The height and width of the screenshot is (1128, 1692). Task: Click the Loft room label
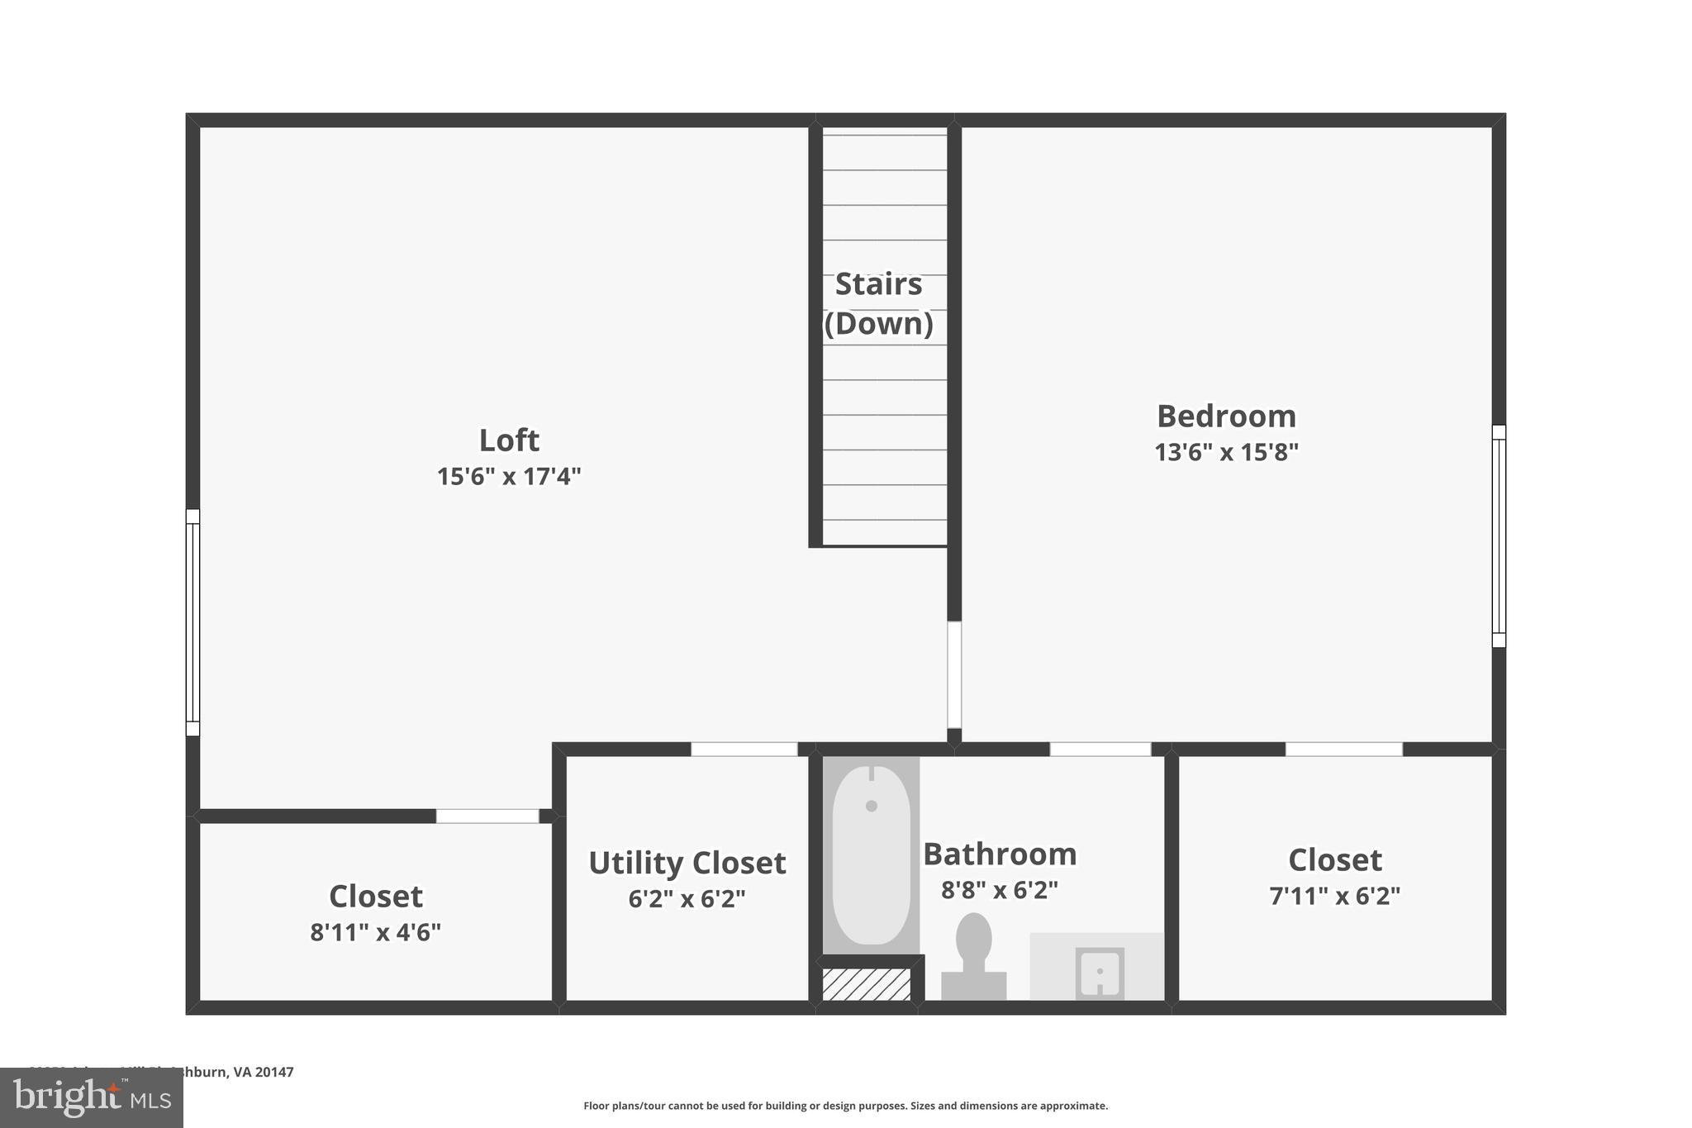tap(509, 440)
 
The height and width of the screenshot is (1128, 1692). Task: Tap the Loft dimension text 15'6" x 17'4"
tap(509, 477)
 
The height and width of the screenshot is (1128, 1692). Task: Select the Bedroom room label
tap(1226, 416)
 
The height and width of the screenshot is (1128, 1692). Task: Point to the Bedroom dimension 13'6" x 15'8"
tap(1226, 453)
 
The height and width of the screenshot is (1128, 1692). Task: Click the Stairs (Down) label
tap(878, 303)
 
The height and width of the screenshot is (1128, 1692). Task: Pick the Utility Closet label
tap(687, 863)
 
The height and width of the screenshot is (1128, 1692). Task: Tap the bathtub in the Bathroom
tap(871, 855)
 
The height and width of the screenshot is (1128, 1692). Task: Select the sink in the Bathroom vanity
tap(1100, 973)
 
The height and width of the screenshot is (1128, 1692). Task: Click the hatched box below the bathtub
tap(866, 984)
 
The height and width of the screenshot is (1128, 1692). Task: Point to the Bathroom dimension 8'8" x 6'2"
tap(1000, 890)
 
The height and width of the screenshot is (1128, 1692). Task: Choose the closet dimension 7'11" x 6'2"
tap(1334, 896)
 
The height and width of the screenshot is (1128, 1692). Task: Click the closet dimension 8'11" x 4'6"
tap(375, 932)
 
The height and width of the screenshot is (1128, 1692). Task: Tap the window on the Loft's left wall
tap(192, 622)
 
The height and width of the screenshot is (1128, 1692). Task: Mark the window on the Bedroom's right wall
tap(1499, 535)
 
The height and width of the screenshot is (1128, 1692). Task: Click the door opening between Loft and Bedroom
tap(954, 674)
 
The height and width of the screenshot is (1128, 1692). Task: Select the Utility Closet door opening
tap(744, 750)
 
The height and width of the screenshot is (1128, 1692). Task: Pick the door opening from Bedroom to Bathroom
tap(1100, 750)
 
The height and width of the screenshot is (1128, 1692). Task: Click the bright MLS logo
tap(92, 1097)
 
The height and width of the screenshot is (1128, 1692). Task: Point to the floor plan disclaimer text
tap(845, 1106)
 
